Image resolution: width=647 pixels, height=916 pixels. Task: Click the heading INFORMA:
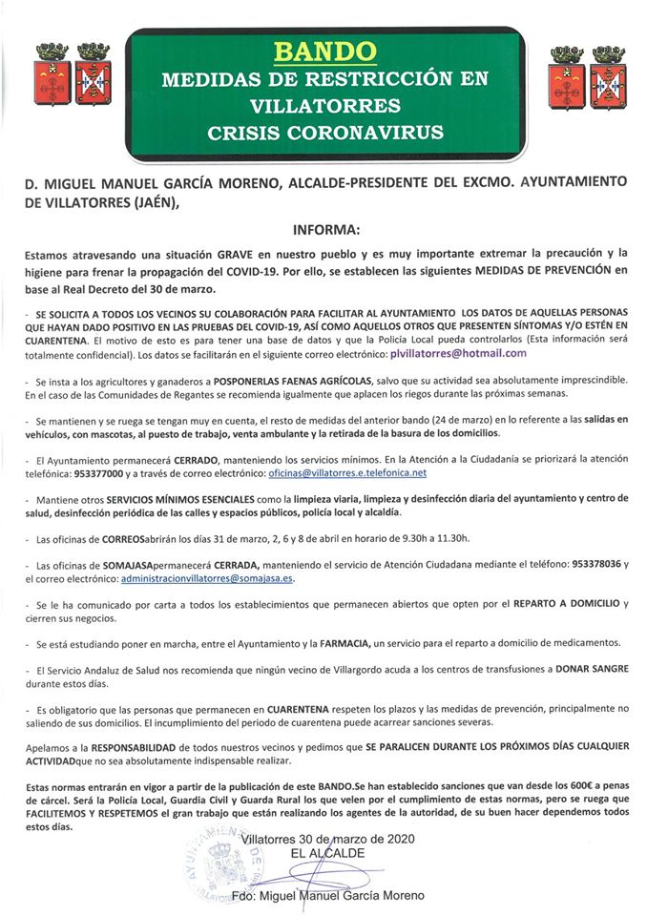point(324,229)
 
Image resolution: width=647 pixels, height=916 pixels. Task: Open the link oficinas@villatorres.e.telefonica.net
point(348,471)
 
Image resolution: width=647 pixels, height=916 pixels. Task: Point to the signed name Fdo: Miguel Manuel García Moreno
point(328,895)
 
